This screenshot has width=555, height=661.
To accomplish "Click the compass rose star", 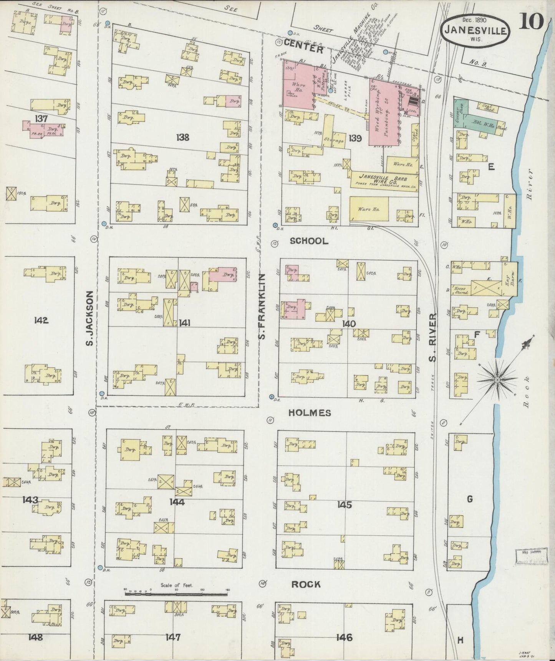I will pyautogui.click(x=497, y=379).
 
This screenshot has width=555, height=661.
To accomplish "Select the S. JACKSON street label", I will pyautogui.click(x=89, y=318).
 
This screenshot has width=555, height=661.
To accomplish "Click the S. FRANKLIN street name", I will pyautogui.click(x=262, y=307).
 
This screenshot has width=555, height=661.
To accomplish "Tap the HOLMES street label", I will pyautogui.click(x=310, y=413).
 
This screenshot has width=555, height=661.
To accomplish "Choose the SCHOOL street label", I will pyautogui.click(x=309, y=241).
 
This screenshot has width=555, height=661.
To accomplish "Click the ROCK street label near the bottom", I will pyautogui.click(x=306, y=584).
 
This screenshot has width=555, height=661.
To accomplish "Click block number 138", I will pyautogui.click(x=182, y=137).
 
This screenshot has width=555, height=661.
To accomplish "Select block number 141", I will pyautogui.click(x=184, y=323).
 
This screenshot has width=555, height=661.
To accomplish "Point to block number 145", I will pyautogui.click(x=344, y=505).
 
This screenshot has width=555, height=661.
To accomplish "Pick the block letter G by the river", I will pyautogui.click(x=469, y=499).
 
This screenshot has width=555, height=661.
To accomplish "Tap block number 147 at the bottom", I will pyautogui.click(x=173, y=637).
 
